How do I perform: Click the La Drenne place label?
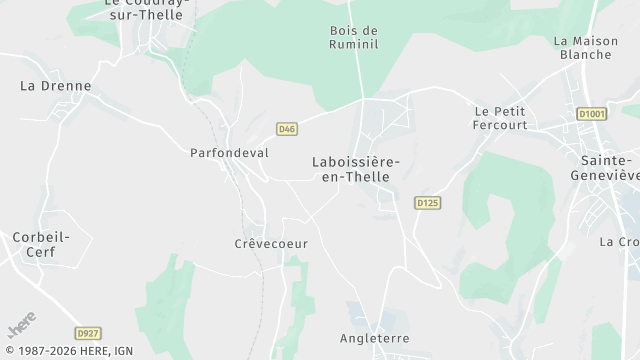[x=55, y=86]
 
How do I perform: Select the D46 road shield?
[x=287, y=129]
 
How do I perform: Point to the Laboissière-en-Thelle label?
[x=356, y=168]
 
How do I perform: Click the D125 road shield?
[x=427, y=203]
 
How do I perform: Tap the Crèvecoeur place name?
[x=271, y=244]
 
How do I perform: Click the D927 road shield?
[x=88, y=333]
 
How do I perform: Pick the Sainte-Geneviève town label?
[x=607, y=168]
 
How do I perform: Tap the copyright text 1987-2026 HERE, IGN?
[x=67, y=351]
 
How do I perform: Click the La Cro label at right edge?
[x=619, y=242]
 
